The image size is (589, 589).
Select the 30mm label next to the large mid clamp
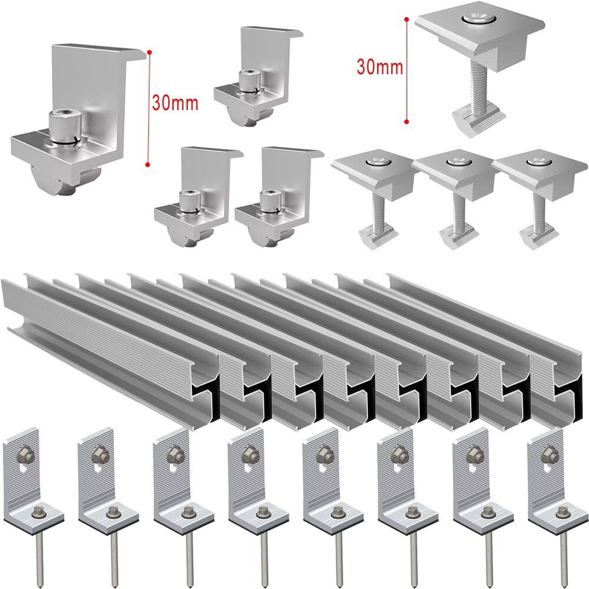tap(380, 66)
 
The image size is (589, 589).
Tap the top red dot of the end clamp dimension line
tap(150, 53)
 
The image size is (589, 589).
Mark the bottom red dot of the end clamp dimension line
tap(148, 166)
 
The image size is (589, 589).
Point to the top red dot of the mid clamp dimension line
tap(406, 18)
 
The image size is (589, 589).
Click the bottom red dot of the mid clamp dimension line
tap(406, 123)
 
